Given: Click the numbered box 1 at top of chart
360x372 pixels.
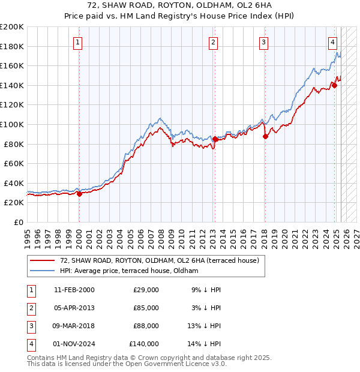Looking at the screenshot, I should tap(79, 42).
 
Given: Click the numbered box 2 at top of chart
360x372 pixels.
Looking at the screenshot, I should tap(214, 42).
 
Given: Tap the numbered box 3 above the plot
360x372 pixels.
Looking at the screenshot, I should tap(264, 42).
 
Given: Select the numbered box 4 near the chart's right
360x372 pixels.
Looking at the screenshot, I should tap(332, 42).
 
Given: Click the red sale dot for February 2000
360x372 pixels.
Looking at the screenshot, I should tap(79, 194).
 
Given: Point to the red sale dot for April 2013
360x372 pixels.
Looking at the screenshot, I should tap(215, 139).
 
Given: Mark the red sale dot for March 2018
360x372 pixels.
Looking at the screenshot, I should tap(265, 136).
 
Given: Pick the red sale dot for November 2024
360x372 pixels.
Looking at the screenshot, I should tap(334, 85).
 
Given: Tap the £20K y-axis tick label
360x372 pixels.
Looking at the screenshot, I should tap(14, 203).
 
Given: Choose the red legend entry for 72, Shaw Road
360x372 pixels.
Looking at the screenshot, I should tap(159, 260).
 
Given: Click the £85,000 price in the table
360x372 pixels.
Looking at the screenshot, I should tap(146, 308).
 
